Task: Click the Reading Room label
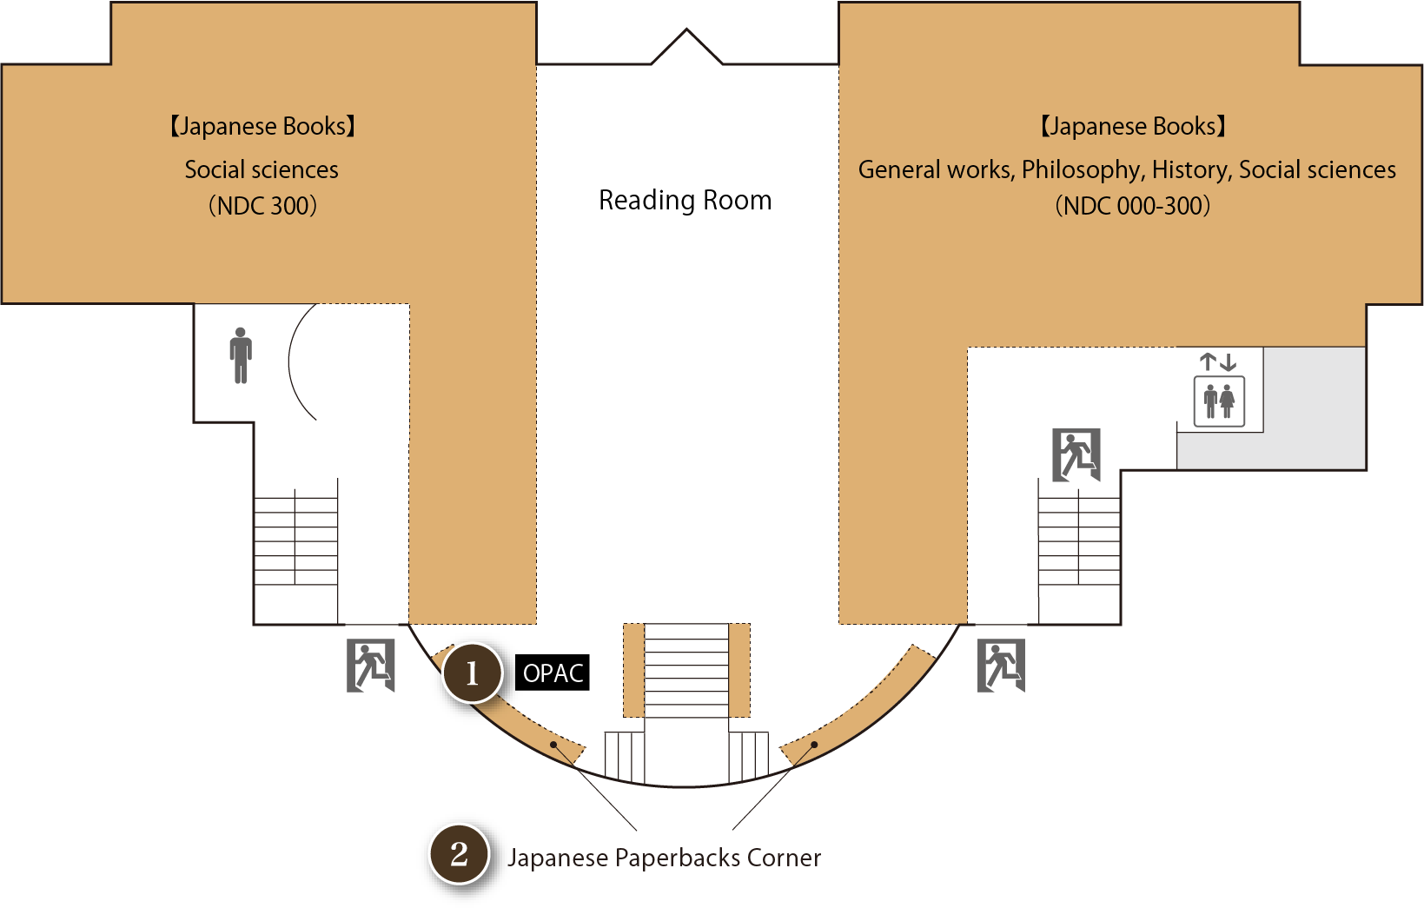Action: click(685, 201)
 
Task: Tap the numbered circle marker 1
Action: click(472, 673)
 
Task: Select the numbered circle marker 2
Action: click(459, 854)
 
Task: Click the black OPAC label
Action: click(553, 673)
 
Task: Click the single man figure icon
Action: click(241, 355)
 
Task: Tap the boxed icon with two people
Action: click(1219, 401)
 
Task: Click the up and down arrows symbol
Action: click(1217, 361)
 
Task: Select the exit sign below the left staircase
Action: click(371, 666)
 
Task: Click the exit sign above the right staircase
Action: click(1076, 454)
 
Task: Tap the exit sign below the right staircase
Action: click(1001, 666)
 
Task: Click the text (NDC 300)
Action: click(262, 206)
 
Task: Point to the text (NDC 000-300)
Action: click(1132, 206)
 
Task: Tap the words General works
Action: click(935, 170)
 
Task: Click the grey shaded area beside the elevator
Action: click(1315, 408)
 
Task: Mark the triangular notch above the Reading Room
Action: click(686, 48)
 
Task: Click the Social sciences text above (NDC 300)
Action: click(262, 170)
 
